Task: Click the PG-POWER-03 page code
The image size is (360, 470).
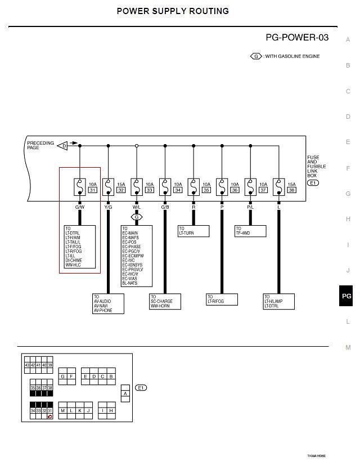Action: pos(297,38)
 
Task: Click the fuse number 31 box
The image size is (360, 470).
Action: pos(93,190)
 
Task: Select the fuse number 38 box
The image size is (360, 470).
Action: pos(291,190)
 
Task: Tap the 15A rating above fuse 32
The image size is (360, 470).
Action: pos(121,184)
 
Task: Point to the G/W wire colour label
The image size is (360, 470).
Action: pos(79,207)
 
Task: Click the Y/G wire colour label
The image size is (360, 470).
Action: pos(109,207)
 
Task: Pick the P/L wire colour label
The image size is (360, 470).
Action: pos(250,207)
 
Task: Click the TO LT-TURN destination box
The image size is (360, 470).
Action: pos(193,231)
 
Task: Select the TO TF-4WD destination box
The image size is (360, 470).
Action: pos(250,231)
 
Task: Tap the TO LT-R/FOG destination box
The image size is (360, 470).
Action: pos(222,299)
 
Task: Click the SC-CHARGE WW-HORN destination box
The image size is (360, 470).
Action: pos(165,301)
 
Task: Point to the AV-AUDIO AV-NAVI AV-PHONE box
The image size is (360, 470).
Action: pos(108,303)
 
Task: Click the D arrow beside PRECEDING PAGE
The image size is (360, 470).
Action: pos(63,145)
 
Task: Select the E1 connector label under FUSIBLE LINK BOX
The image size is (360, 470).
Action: pos(313,182)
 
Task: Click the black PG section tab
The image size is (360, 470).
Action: pos(346,296)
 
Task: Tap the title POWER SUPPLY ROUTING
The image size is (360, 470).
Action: pos(173,11)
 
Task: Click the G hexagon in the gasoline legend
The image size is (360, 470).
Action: pos(256,56)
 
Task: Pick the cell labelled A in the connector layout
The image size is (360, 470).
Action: pos(125,393)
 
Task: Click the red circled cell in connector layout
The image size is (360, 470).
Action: pos(49,417)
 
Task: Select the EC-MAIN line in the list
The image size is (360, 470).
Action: pos(130,233)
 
